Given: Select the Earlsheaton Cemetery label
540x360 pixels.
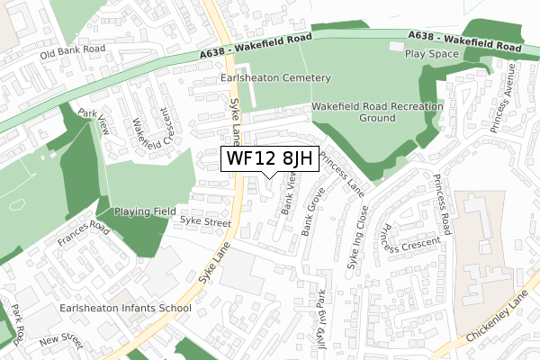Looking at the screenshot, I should point(275,78).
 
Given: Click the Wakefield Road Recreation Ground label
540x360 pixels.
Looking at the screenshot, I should point(378,112).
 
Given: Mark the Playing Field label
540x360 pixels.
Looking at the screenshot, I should point(144,211).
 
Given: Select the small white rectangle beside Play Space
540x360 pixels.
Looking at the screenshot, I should point(397,46).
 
